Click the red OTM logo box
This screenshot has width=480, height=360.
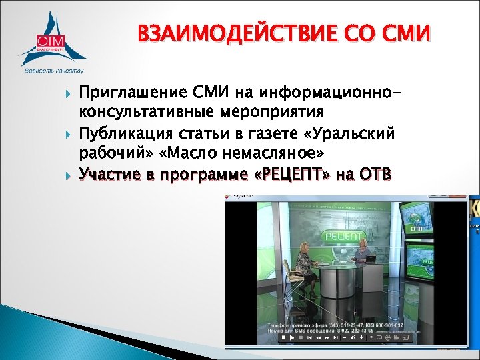pos(50,39)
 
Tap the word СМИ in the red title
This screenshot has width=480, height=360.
pos(405,33)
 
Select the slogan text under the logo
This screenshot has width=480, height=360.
pos(53,69)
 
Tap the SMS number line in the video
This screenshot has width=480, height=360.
pos(333,329)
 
